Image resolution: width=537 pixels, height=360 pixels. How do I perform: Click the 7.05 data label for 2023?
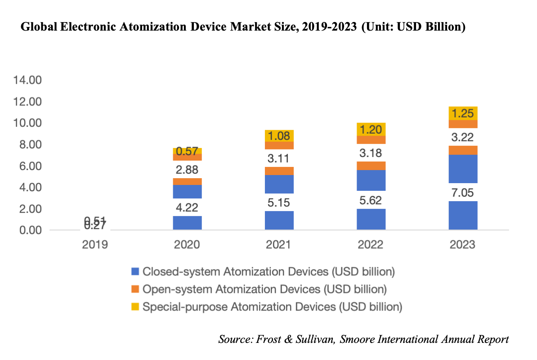coord(463,193)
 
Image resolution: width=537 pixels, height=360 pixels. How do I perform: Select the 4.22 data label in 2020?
coord(187,207)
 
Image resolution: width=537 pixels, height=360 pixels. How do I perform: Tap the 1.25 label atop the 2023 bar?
coord(463,113)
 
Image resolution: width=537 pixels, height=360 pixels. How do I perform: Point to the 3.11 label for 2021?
coord(279,158)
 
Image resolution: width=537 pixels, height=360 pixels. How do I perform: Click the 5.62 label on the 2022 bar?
coord(371,200)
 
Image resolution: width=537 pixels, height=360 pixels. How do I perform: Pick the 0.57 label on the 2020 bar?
coord(187,151)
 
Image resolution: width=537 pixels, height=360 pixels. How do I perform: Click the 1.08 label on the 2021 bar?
coord(279,135)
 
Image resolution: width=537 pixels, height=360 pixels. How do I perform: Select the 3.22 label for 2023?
coord(463,137)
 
